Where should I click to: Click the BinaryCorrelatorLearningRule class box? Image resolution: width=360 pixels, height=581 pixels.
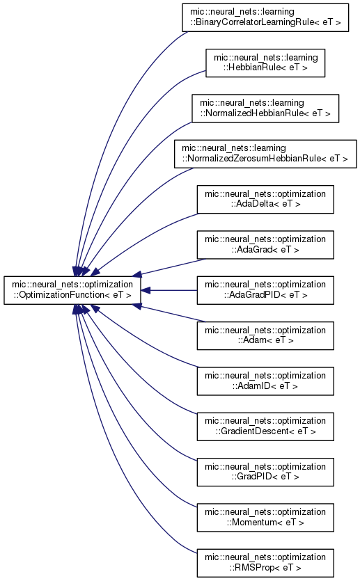[265, 17]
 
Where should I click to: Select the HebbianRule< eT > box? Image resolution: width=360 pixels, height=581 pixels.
[265, 63]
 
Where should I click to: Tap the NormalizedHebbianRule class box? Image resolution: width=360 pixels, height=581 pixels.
[265, 108]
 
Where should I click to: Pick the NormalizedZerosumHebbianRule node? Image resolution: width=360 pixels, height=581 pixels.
[265, 154]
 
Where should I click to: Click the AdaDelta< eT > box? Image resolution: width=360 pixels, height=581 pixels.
[265, 199]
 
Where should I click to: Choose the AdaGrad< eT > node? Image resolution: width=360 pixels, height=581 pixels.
[265, 245]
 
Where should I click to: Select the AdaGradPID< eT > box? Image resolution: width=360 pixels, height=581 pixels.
[265, 290]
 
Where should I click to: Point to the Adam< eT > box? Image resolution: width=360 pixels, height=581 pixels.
[265, 335]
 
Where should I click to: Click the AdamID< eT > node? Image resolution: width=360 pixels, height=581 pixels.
[265, 381]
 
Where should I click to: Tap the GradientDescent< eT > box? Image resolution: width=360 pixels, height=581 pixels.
[265, 427]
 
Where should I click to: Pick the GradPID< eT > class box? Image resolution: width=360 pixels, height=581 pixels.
[265, 472]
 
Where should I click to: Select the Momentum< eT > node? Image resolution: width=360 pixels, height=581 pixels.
[265, 518]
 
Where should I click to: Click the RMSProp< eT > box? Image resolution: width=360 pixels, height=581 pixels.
[265, 563]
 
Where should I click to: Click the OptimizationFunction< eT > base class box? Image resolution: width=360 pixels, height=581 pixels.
[72, 290]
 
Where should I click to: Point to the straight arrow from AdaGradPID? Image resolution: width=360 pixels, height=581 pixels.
[169, 291]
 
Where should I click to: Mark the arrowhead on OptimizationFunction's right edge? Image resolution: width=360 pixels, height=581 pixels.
[146, 291]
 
